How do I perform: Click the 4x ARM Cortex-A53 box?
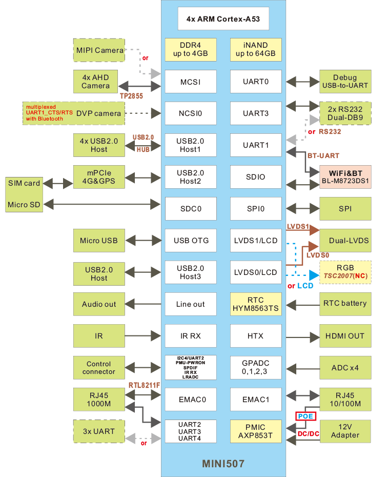pos(223,20)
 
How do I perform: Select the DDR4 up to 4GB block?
pos(191,50)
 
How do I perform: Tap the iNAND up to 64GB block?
pos(256,50)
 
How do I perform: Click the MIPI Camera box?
pos(99,50)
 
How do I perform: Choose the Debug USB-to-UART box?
pos(344,82)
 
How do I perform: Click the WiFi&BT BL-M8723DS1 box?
pos(344,177)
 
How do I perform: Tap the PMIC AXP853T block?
pos(256,431)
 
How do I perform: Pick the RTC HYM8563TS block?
pos(256,304)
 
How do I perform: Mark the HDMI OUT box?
pos(344,336)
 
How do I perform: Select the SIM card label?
pos(24,183)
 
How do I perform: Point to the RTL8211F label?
pos(144,385)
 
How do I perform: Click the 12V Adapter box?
pos(344,431)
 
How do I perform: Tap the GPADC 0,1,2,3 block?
pos(256,368)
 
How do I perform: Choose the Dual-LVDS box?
pos(344,240)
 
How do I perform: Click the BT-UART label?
pos(322,155)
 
